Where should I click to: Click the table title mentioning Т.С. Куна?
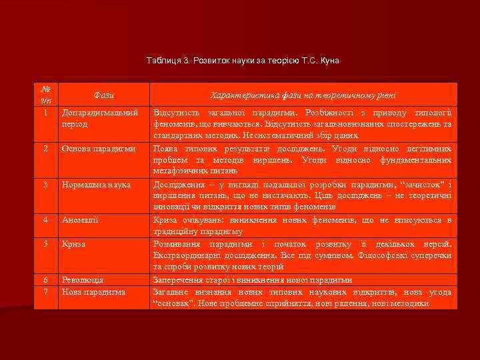coord(243,61)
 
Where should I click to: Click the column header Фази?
coord(104,95)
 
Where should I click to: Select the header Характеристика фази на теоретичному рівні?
coord(303,95)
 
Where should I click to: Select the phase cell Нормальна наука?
coord(96,184)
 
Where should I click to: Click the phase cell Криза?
coord(74,244)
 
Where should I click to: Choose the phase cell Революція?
coord(82,280)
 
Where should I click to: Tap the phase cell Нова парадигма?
coord(93,291)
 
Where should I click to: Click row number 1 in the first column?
coord(45,112)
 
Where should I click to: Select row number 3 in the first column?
coord(45,184)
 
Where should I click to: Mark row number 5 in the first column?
coord(45,244)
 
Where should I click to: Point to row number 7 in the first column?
coord(45,291)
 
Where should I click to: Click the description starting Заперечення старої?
coord(253,280)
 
